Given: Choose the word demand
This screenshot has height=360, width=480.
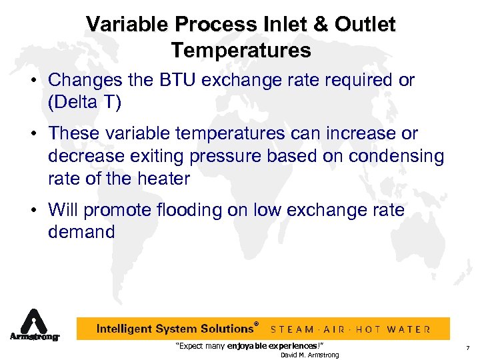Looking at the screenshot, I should [81, 232].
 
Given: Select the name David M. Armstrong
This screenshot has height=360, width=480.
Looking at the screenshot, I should [309, 355].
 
